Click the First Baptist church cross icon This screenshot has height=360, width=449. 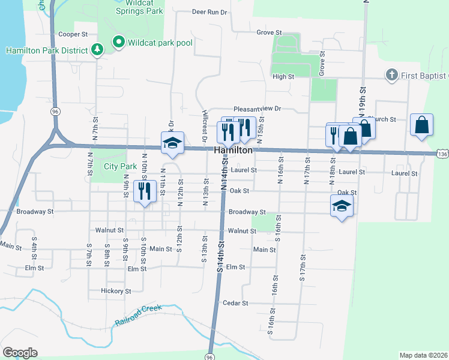(391, 75)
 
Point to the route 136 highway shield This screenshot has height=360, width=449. (442, 155)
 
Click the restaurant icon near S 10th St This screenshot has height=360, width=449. (143, 191)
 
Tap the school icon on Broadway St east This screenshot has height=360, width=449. (342, 206)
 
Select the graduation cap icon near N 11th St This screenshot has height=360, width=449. (172, 143)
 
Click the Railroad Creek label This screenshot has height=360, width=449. (138, 317)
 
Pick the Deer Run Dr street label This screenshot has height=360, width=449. (210, 11)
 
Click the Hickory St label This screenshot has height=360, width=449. (116, 291)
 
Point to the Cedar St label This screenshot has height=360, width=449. (235, 303)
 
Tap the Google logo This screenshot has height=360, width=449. (20, 352)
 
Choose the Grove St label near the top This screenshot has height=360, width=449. (269, 32)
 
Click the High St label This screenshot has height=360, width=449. (283, 77)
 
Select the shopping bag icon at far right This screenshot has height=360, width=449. (421, 125)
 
